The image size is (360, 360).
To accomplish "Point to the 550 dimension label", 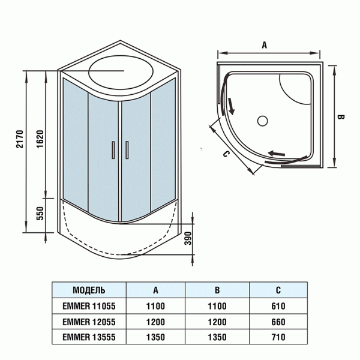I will (x=40, y=215).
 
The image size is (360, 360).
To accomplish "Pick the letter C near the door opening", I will (x=226, y=154).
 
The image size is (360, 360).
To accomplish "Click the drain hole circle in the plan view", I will (x=262, y=121).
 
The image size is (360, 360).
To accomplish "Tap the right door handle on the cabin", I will (x=127, y=151).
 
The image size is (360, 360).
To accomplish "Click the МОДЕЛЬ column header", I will (x=89, y=290).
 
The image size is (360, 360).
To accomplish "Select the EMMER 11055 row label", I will (x=89, y=306).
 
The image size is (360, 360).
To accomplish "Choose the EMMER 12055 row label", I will (x=89, y=322).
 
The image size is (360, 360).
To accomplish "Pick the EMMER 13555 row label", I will (x=89, y=337).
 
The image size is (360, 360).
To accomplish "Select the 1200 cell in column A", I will (x=155, y=322).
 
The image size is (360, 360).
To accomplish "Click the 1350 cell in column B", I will (x=217, y=337).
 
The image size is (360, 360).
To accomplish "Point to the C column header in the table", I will (x=278, y=290).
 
